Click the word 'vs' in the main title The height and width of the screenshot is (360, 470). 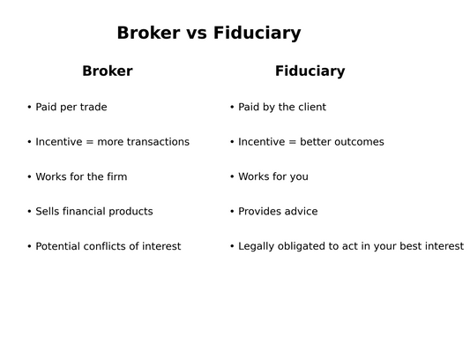point(197,33)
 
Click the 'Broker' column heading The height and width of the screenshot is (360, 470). point(108,71)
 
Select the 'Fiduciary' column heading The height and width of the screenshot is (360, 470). point(310,71)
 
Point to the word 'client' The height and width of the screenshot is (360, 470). point(313,107)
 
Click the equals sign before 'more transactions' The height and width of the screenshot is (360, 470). point(90,142)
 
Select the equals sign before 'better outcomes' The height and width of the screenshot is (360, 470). point(292,142)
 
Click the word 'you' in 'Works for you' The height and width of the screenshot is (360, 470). point(299,177)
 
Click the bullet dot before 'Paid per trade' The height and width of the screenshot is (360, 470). point(29,107)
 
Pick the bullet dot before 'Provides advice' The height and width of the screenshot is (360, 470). point(232,211)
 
